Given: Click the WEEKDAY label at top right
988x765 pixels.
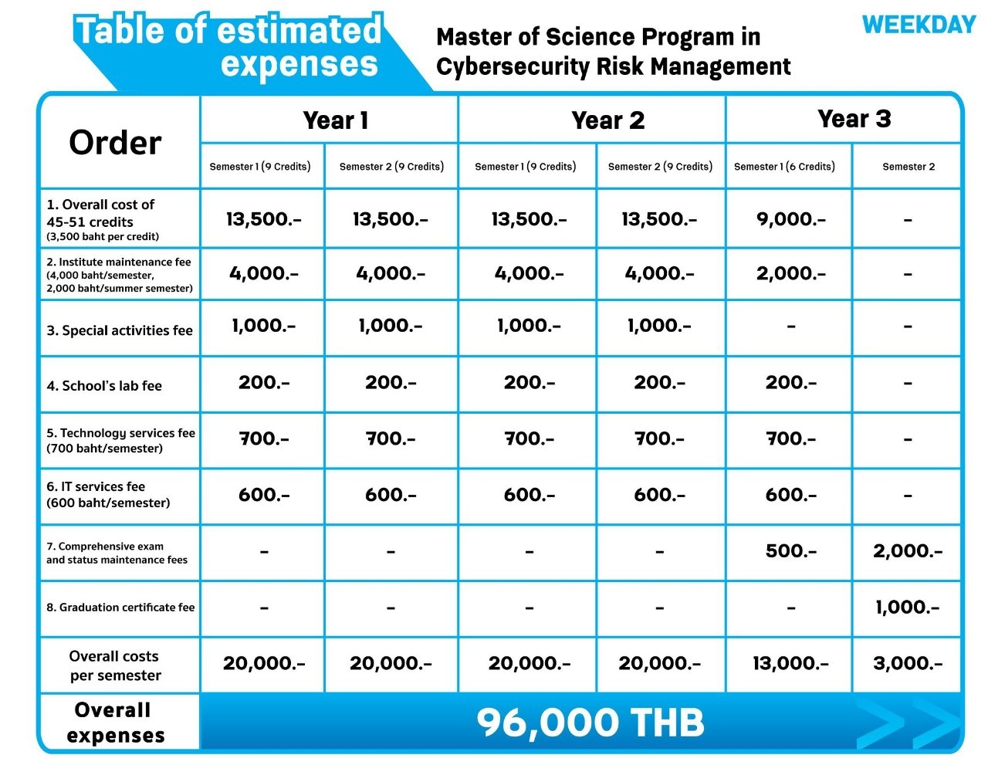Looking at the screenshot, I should (919, 25).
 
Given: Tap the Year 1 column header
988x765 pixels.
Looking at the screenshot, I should (336, 120).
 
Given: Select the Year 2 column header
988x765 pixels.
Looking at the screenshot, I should (607, 120).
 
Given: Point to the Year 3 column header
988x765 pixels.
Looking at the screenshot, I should (854, 119).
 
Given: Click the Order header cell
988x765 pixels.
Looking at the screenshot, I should (115, 143).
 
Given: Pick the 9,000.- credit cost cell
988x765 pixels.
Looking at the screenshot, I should (790, 219).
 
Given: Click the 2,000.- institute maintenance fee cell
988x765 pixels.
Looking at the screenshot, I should (790, 273).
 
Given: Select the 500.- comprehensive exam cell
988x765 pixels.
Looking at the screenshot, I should (790, 551).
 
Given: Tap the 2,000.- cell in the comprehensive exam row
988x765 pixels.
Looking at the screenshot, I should (908, 551).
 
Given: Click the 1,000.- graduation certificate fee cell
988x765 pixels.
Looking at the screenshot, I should (908, 608).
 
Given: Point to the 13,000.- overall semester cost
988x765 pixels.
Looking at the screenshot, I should (790, 663).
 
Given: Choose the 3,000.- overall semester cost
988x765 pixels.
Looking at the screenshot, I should (908, 663).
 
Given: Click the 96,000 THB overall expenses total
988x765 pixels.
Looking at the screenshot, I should (590, 723).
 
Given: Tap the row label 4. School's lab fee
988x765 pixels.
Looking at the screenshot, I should (104, 386).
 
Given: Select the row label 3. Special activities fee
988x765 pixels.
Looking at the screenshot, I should (120, 330).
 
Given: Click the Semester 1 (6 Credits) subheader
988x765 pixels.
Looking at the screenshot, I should (784, 167).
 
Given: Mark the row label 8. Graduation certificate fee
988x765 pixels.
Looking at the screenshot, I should (120, 608).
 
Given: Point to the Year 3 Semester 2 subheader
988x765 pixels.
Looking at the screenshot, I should (908, 167).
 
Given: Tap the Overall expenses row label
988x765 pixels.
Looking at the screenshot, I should (115, 723).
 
